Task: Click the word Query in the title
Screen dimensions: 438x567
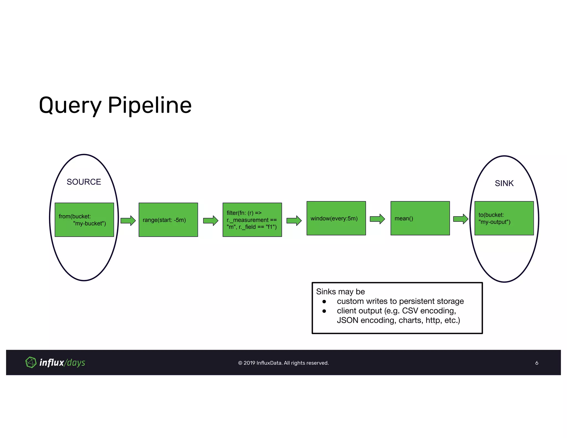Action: point(70,105)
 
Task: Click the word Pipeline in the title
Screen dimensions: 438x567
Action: point(150,105)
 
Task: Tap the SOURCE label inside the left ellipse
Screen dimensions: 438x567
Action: point(84,182)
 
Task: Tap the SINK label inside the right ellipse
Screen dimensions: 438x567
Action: point(504,183)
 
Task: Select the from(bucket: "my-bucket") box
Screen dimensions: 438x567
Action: point(84,220)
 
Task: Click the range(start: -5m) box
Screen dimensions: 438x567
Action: point(168,220)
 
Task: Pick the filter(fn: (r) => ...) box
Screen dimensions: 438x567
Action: point(252,220)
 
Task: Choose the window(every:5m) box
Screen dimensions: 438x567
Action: point(336,218)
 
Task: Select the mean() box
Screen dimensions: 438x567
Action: point(420,218)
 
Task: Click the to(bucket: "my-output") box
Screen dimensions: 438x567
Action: point(504,218)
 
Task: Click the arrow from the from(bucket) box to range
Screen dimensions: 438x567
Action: point(128,221)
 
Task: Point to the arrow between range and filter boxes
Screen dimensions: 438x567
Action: point(211,221)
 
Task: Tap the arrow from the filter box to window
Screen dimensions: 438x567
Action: point(294,221)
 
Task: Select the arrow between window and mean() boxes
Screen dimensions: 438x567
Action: point(377,219)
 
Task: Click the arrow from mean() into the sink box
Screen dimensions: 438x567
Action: point(461,219)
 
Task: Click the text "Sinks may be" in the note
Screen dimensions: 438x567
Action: point(340,292)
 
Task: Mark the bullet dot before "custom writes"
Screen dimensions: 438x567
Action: point(324,302)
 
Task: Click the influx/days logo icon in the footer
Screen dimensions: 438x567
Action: point(31,362)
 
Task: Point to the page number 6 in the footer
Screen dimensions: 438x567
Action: point(537,363)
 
